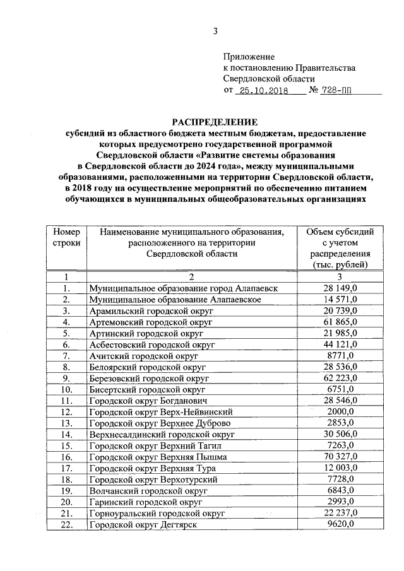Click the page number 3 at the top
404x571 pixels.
(x=215, y=33)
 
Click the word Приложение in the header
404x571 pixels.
(x=249, y=57)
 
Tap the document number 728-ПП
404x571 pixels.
(x=338, y=90)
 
